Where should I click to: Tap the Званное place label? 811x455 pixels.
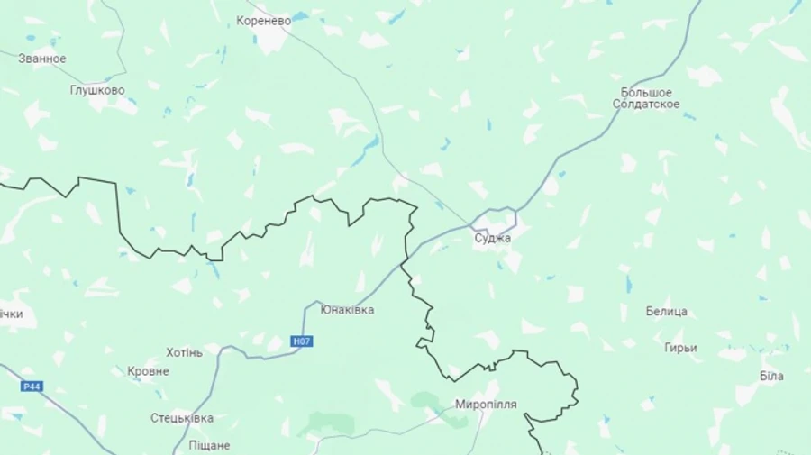click(x=41, y=59)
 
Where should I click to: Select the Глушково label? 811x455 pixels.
click(x=97, y=90)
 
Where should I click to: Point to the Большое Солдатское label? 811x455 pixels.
click(x=646, y=98)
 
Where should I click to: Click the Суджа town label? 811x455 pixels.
click(x=493, y=238)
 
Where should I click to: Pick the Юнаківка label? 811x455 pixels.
click(x=347, y=310)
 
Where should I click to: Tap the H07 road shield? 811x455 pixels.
click(x=302, y=341)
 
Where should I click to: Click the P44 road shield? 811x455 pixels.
click(x=32, y=387)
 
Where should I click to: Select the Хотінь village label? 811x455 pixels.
click(x=184, y=352)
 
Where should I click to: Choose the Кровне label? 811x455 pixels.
click(x=148, y=371)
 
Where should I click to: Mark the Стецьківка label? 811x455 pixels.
click(x=182, y=418)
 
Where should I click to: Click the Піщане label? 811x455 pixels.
click(x=209, y=445)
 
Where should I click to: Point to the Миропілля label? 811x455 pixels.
click(x=486, y=405)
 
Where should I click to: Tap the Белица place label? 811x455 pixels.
click(x=666, y=312)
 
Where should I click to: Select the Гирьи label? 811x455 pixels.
click(x=680, y=348)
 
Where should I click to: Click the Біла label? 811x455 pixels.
click(x=771, y=376)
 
